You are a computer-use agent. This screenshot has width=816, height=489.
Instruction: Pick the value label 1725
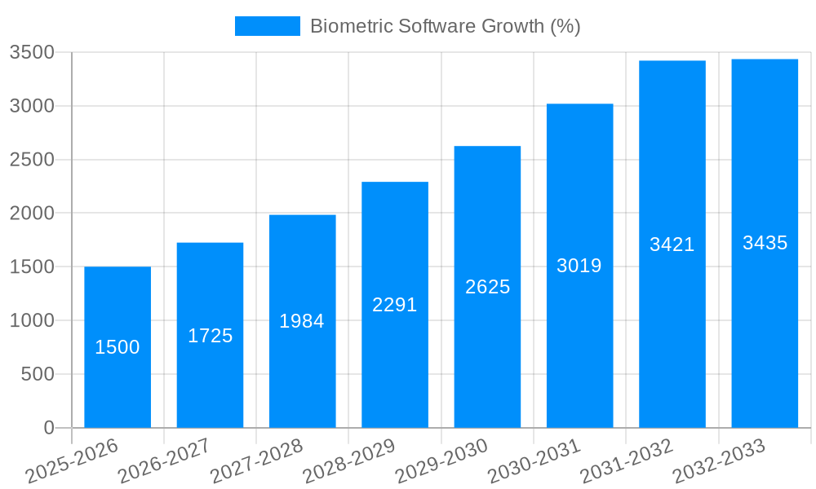click(211, 336)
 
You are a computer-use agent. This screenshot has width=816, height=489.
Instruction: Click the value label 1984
click(302, 321)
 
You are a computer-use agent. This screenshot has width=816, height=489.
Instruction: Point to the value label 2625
click(487, 287)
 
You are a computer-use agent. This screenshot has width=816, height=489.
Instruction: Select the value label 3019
click(579, 266)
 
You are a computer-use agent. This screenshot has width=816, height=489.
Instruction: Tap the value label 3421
click(672, 244)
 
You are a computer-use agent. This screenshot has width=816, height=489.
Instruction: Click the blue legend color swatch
click(267, 26)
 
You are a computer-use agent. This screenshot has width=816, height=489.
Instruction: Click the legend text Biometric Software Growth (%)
click(446, 26)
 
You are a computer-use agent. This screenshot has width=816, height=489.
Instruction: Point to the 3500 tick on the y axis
click(32, 52)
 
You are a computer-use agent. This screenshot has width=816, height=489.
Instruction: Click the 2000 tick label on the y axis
click(32, 214)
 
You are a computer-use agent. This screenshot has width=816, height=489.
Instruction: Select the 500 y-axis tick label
click(38, 374)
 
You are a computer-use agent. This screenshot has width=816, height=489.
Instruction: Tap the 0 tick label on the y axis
click(49, 428)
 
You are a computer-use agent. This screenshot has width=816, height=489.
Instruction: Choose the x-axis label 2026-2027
click(164, 460)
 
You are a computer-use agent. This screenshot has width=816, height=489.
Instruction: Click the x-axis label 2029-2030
click(441, 460)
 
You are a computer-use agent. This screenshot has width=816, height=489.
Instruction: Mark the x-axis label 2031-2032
click(627, 460)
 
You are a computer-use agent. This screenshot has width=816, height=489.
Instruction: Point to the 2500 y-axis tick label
click(32, 160)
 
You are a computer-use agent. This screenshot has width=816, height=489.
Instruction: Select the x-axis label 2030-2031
click(534, 460)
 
